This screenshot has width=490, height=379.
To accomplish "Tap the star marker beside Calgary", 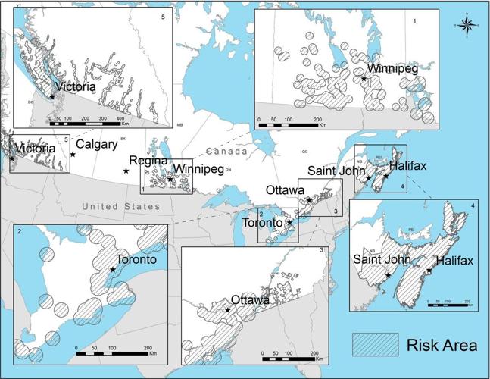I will [73, 155].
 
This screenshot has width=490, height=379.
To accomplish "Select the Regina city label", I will [147, 161].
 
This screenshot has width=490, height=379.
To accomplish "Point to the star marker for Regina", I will [126, 171].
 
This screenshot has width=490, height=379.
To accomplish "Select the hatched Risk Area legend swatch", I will [376, 345].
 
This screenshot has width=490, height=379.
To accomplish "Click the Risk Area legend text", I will [440, 346].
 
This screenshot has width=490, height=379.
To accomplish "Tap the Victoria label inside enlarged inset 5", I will [75, 87].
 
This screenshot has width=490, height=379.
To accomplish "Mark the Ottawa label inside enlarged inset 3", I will [250, 301].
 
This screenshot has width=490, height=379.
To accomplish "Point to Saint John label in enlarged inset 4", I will [383, 262].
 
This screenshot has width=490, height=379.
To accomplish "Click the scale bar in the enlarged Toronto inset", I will [114, 348].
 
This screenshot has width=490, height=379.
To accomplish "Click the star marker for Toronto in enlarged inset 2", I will [112, 270].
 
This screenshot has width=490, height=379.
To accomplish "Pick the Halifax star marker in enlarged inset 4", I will [429, 271].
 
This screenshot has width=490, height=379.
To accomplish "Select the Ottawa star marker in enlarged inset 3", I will [228, 309].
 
